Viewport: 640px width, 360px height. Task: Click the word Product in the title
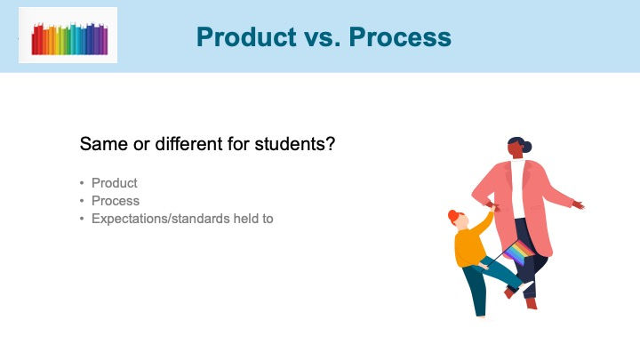(x=246, y=37)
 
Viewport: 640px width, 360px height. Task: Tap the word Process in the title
(x=400, y=37)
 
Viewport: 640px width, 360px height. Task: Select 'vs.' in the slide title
(x=323, y=37)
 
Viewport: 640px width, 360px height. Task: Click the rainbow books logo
(x=69, y=38)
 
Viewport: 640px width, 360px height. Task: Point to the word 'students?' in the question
(x=295, y=144)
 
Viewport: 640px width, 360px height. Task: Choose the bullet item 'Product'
(x=115, y=183)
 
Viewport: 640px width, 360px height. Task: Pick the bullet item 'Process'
(x=116, y=201)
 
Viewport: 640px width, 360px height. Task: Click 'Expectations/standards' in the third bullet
(x=161, y=219)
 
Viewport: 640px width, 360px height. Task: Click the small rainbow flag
(x=518, y=252)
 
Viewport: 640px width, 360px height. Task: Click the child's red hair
(x=454, y=216)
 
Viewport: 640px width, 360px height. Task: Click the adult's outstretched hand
(x=579, y=204)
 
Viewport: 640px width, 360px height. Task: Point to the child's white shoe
(x=525, y=285)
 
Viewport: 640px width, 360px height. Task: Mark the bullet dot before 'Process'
(x=82, y=201)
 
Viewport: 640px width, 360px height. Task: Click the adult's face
(x=515, y=149)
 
